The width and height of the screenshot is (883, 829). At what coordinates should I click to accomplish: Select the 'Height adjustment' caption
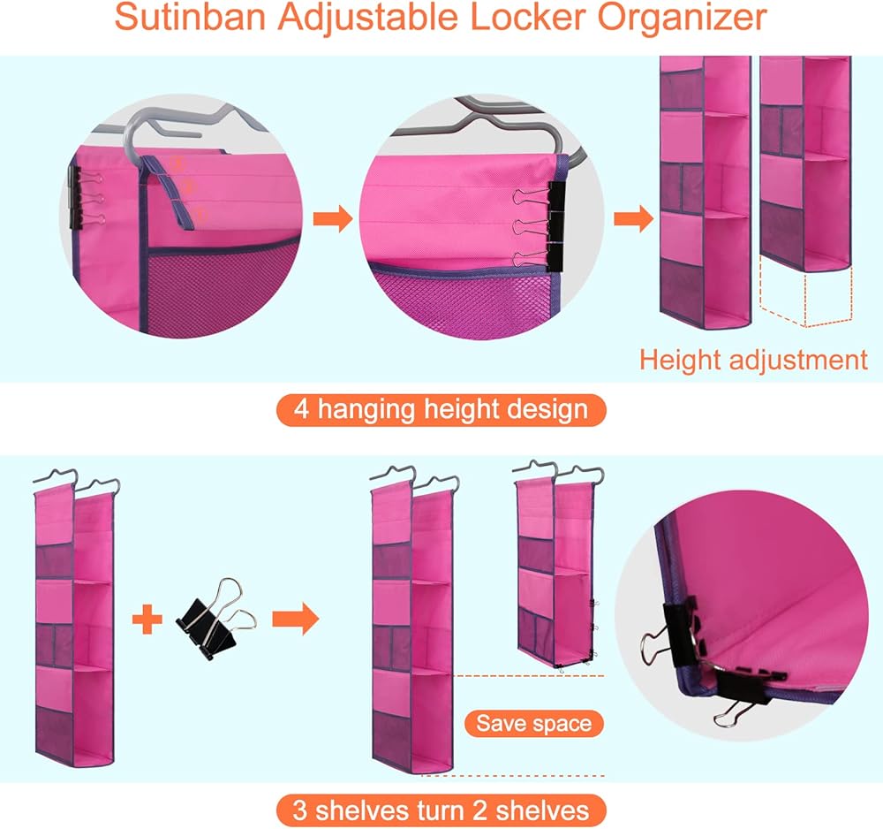(x=753, y=360)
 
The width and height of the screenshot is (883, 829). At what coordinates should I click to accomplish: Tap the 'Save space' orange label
(x=534, y=724)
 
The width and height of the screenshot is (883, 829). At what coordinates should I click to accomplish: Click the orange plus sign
(x=148, y=620)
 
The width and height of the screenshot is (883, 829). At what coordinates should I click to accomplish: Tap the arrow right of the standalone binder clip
(x=295, y=620)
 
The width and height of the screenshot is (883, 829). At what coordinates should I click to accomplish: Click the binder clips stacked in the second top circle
(x=555, y=221)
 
